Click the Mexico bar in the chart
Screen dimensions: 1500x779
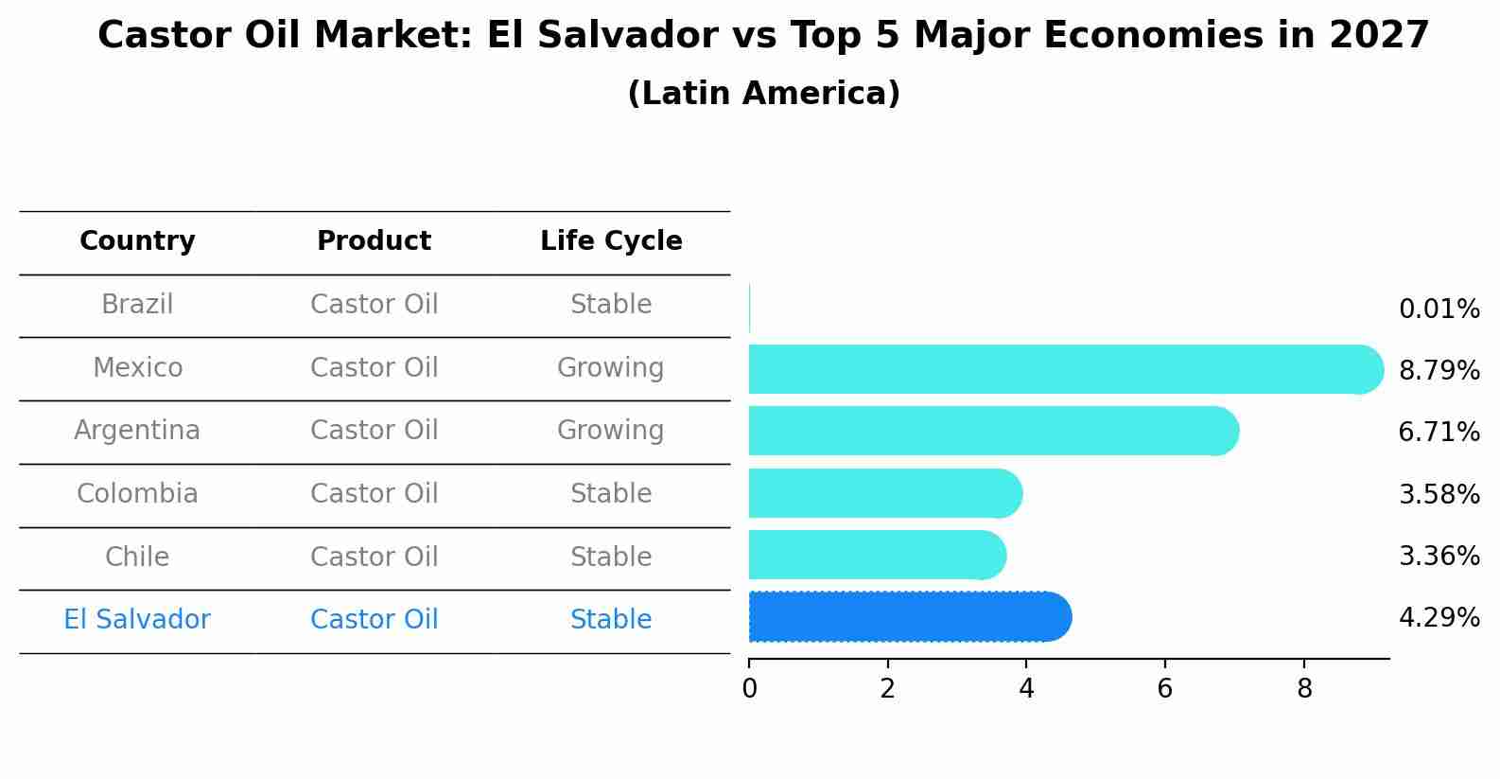coord(1066,369)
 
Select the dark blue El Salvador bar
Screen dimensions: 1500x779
coord(910,617)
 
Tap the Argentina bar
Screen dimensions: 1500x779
coord(994,431)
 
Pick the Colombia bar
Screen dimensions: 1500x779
coord(885,493)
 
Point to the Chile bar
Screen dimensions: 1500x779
coord(878,555)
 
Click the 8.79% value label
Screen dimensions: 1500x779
coord(1439,371)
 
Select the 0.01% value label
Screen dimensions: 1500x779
coord(1439,310)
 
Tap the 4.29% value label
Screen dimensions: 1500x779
coord(1439,617)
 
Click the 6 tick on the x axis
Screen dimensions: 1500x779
coord(1165,688)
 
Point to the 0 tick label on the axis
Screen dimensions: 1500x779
coord(749,688)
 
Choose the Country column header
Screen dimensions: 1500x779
coord(137,240)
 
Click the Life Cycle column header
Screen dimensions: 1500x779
coord(611,240)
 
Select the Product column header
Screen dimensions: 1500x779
coord(375,240)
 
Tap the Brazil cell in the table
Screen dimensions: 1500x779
coord(137,305)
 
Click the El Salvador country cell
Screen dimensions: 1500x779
coord(137,619)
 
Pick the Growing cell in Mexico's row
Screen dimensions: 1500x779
coord(611,368)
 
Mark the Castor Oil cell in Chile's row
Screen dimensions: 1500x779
coord(375,557)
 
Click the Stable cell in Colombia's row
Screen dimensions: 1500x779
coord(611,493)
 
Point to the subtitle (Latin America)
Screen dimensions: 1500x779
coord(764,93)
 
